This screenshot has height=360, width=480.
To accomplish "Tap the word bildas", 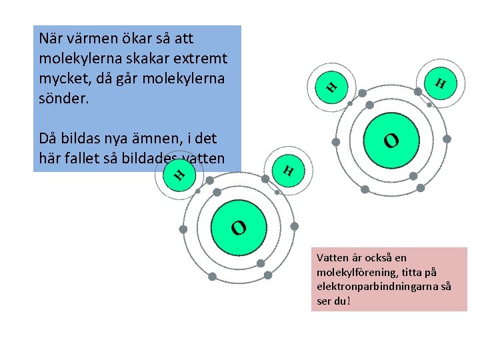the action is click(84, 139).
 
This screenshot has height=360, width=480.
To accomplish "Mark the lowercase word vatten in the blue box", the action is click(203, 159).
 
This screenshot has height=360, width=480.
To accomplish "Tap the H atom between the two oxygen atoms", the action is click(288, 170).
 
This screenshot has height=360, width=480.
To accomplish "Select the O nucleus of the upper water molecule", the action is click(391, 140).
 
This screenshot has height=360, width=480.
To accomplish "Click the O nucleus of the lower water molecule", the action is click(239, 228).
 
